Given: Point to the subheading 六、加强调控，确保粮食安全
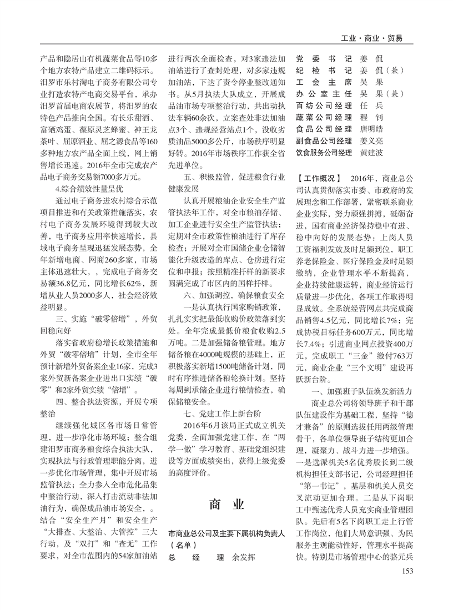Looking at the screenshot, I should [235, 296].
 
